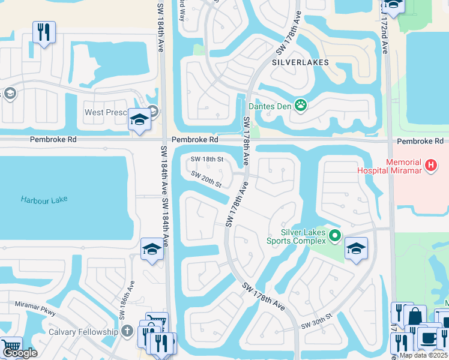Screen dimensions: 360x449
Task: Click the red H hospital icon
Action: point(430,164)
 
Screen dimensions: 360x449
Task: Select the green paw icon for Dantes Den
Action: point(301,106)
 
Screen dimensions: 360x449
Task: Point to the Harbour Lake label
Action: point(44,199)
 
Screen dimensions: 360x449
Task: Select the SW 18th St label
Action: point(206,160)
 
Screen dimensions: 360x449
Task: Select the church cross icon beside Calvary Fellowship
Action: point(127,331)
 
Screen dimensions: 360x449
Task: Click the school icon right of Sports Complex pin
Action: point(356,249)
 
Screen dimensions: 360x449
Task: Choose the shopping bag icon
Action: point(415,316)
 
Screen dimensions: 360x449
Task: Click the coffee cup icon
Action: point(429,338)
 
